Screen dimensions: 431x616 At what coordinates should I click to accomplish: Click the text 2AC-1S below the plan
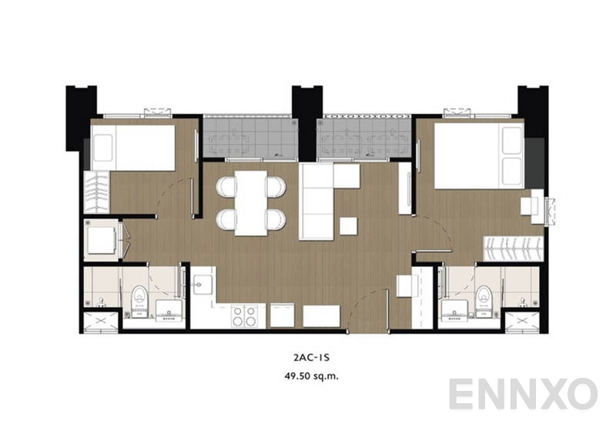point(307,358)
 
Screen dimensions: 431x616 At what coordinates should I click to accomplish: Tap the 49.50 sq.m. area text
point(307,376)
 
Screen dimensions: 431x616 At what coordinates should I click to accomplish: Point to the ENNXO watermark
point(523,394)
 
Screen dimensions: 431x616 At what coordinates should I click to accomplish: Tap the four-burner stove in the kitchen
point(245,316)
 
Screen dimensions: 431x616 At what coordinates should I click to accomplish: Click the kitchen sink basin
point(203,283)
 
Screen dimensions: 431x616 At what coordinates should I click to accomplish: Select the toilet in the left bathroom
point(139,296)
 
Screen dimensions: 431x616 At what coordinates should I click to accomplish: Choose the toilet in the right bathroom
point(483,296)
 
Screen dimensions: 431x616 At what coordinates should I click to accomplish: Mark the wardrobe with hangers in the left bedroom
point(96,192)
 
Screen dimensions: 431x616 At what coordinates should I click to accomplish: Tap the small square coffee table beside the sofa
point(348,226)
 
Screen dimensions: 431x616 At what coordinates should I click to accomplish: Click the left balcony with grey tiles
point(249,137)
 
